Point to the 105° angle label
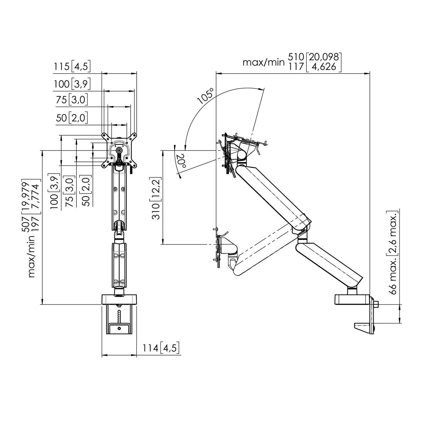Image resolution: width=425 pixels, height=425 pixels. point(206,95)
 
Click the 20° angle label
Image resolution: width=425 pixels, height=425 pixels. point(181,161)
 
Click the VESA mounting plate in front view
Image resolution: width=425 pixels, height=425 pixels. point(119,151)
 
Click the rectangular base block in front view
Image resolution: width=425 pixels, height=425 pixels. point(119,299)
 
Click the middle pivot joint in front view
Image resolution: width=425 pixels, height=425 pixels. point(119,229)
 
